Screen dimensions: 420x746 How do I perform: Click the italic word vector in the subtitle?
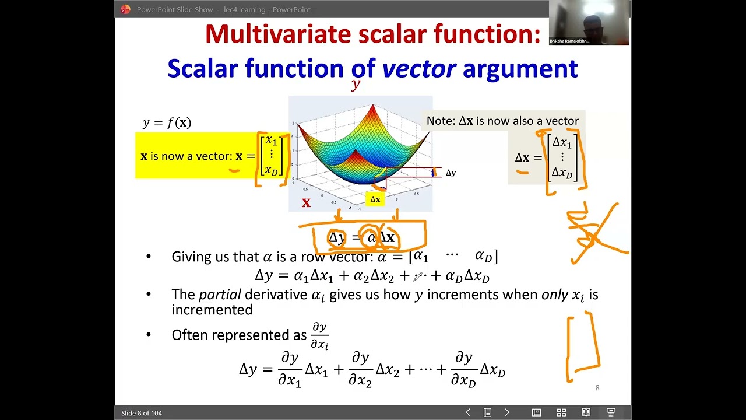pos(418,69)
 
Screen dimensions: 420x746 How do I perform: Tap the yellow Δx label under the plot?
pos(375,199)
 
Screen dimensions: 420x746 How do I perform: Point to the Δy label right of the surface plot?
pos(451,173)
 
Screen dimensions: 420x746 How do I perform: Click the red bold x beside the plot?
pos(306,203)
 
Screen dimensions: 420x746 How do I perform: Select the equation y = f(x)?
pos(167,123)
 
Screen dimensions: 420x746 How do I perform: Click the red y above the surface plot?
pos(355,85)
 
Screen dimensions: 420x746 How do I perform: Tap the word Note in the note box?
pos(440,121)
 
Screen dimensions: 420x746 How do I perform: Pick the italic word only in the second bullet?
pos(555,295)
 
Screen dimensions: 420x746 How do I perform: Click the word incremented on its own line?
pos(212,310)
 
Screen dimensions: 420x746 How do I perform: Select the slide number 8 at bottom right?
pos(597,388)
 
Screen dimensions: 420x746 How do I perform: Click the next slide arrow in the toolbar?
pos(507,412)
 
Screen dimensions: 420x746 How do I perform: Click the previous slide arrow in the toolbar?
pos(467,412)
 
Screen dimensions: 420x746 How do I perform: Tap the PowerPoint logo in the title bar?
pos(125,9)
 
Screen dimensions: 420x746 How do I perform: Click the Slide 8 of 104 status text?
pos(142,413)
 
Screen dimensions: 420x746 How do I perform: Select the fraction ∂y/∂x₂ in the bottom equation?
pos(360,369)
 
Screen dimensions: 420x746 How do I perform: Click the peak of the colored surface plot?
pos(373,107)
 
